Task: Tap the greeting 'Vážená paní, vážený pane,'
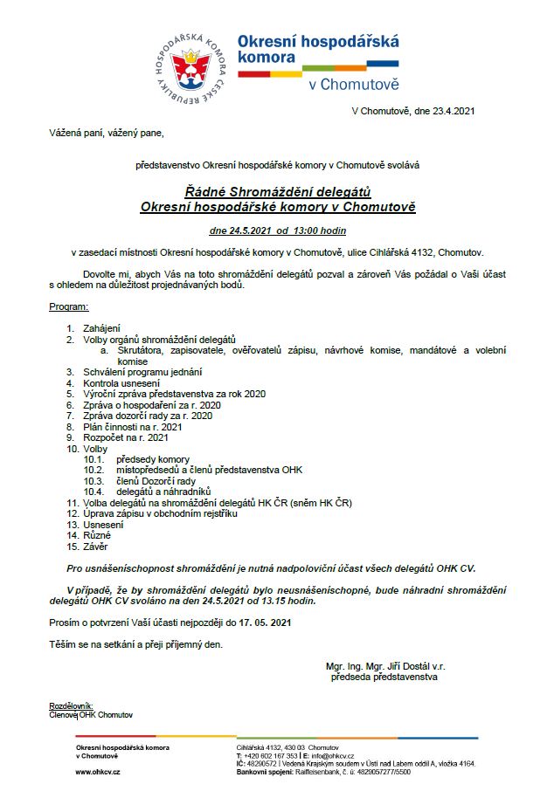(106, 134)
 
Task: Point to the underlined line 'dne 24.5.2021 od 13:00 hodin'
(278, 231)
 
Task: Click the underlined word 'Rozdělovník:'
(71, 705)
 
